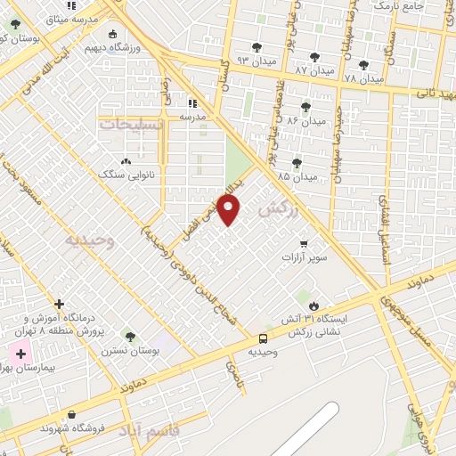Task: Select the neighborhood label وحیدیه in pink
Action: [90, 240]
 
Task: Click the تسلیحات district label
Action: [132, 124]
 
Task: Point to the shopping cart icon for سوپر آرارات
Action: [304, 243]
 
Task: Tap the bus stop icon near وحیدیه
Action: [263, 338]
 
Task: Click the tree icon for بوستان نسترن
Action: [131, 337]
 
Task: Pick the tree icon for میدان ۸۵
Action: [297, 163]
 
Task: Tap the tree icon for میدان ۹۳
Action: [257, 47]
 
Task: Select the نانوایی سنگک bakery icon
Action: [125, 161]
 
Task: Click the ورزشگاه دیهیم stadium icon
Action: [112, 35]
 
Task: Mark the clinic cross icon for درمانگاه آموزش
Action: [59, 305]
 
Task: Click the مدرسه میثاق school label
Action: [68, 19]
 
